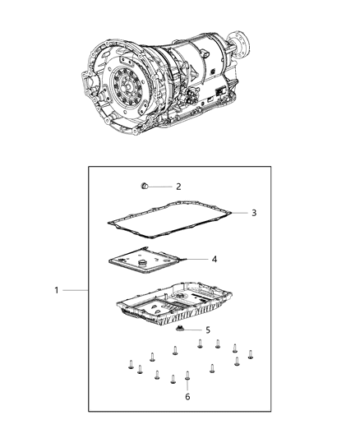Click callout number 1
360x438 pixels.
[56, 291]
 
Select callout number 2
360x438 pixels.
[178, 187]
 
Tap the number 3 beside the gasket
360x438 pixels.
[254, 213]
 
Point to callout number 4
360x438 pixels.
[214, 259]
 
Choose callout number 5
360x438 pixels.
[207, 330]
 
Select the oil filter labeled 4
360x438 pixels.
[153, 266]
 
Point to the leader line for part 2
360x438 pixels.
[162, 187]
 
